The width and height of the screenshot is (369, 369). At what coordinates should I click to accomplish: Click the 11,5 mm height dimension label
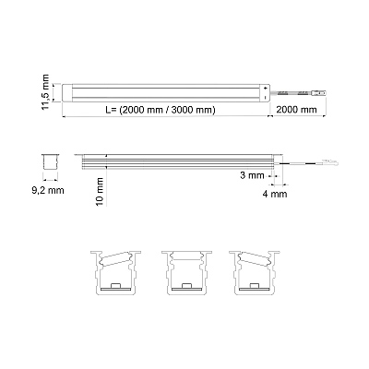45,92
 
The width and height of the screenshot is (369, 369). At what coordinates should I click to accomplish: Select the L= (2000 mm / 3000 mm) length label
160,110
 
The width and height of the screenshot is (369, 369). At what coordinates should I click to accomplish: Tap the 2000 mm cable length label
296,110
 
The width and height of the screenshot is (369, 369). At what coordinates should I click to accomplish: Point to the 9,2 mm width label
48,191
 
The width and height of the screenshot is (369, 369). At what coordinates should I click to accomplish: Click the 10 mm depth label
100,192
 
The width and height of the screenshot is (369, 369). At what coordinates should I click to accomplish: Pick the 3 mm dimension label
252,175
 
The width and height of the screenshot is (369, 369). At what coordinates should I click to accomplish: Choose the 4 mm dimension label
275,194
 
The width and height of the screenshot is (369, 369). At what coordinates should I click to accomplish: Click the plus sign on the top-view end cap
265,88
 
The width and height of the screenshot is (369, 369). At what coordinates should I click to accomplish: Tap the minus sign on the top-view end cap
265,97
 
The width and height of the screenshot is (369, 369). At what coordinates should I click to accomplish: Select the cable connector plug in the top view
318,92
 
